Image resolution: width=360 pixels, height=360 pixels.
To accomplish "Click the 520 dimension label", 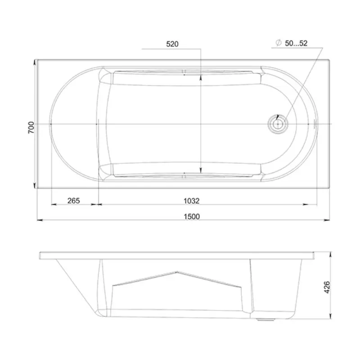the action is [172, 44].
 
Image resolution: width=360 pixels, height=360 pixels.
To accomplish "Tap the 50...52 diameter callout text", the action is [296, 43].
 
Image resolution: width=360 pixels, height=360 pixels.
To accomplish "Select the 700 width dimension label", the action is [31, 128].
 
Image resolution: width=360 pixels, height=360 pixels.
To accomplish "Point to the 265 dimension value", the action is [73, 201].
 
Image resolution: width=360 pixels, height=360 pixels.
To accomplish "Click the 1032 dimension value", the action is [192, 201].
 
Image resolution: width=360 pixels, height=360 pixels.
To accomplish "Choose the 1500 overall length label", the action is [192, 216].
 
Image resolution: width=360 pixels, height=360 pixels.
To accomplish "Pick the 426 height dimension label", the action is [327, 287].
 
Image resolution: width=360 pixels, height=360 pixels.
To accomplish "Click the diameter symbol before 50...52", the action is [279, 43].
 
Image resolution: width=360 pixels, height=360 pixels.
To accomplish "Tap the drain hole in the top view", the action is [278, 124].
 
